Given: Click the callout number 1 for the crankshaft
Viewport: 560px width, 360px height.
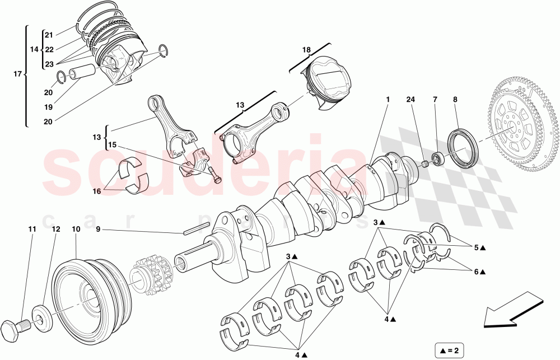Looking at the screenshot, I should [387, 100].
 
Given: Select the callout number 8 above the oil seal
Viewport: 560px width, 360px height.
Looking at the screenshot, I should [455, 100].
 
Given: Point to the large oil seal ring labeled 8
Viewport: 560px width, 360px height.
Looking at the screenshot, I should [463, 148].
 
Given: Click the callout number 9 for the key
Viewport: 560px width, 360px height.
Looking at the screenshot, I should [98, 229].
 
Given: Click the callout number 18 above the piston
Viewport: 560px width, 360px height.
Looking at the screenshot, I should [306, 50].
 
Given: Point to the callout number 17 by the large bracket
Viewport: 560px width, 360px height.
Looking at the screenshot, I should [17, 73].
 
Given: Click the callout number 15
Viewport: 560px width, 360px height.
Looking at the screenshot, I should [112, 145].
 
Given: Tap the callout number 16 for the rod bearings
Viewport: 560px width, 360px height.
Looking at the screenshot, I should [97, 191].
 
